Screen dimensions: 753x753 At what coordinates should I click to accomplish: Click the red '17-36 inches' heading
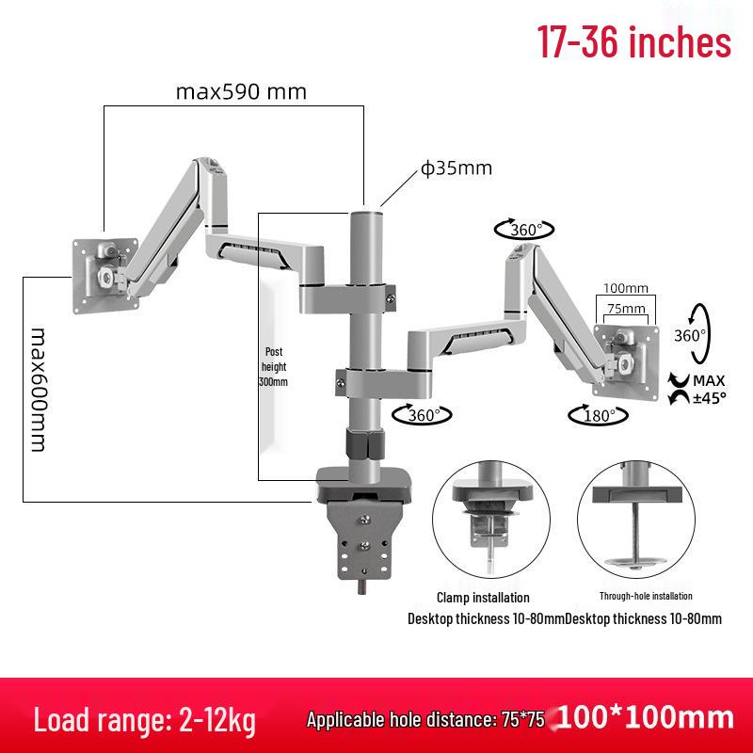(x=633, y=42)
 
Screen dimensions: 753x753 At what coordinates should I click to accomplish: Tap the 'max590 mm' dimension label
(x=241, y=91)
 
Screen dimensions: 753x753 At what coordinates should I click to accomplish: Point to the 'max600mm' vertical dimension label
(x=39, y=390)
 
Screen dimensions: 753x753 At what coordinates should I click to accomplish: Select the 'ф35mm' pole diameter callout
(x=457, y=168)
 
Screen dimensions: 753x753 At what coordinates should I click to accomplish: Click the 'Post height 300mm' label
(x=273, y=367)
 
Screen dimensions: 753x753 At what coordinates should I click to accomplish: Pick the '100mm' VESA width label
(x=626, y=288)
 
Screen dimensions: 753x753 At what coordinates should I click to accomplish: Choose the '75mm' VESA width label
(x=626, y=309)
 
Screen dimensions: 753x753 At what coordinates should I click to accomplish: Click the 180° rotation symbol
(x=599, y=415)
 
